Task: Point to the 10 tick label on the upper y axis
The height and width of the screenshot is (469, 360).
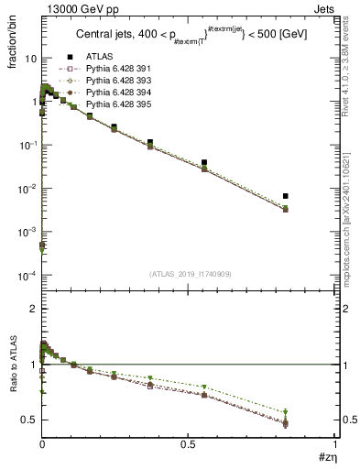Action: (27, 59)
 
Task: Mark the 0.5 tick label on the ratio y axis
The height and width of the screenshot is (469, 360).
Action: (28, 420)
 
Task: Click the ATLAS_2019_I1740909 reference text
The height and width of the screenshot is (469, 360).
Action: (188, 274)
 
